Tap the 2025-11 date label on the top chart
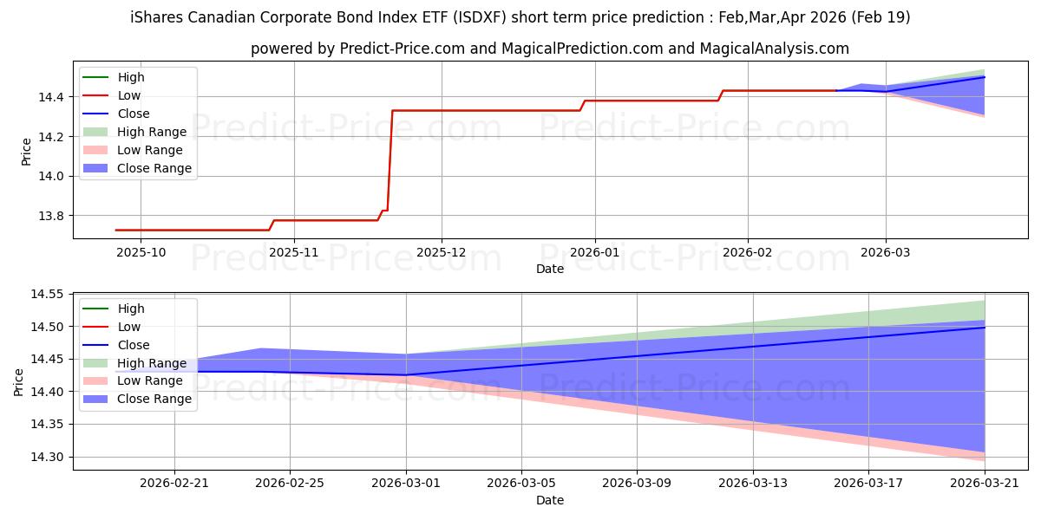click(x=294, y=252)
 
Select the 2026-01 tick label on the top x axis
click(x=594, y=252)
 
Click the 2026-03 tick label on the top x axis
click(x=886, y=252)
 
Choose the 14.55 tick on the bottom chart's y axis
click(x=47, y=294)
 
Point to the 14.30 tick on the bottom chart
click(x=47, y=457)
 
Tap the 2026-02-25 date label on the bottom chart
click(x=290, y=484)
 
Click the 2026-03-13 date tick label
click(x=753, y=484)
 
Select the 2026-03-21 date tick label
click(x=985, y=484)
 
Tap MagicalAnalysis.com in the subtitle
click(x=774, y=49)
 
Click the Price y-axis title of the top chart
click(x=27, y=152)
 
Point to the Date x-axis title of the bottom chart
click(x=550, y=501)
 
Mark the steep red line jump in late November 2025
click(x=390, y=160)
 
